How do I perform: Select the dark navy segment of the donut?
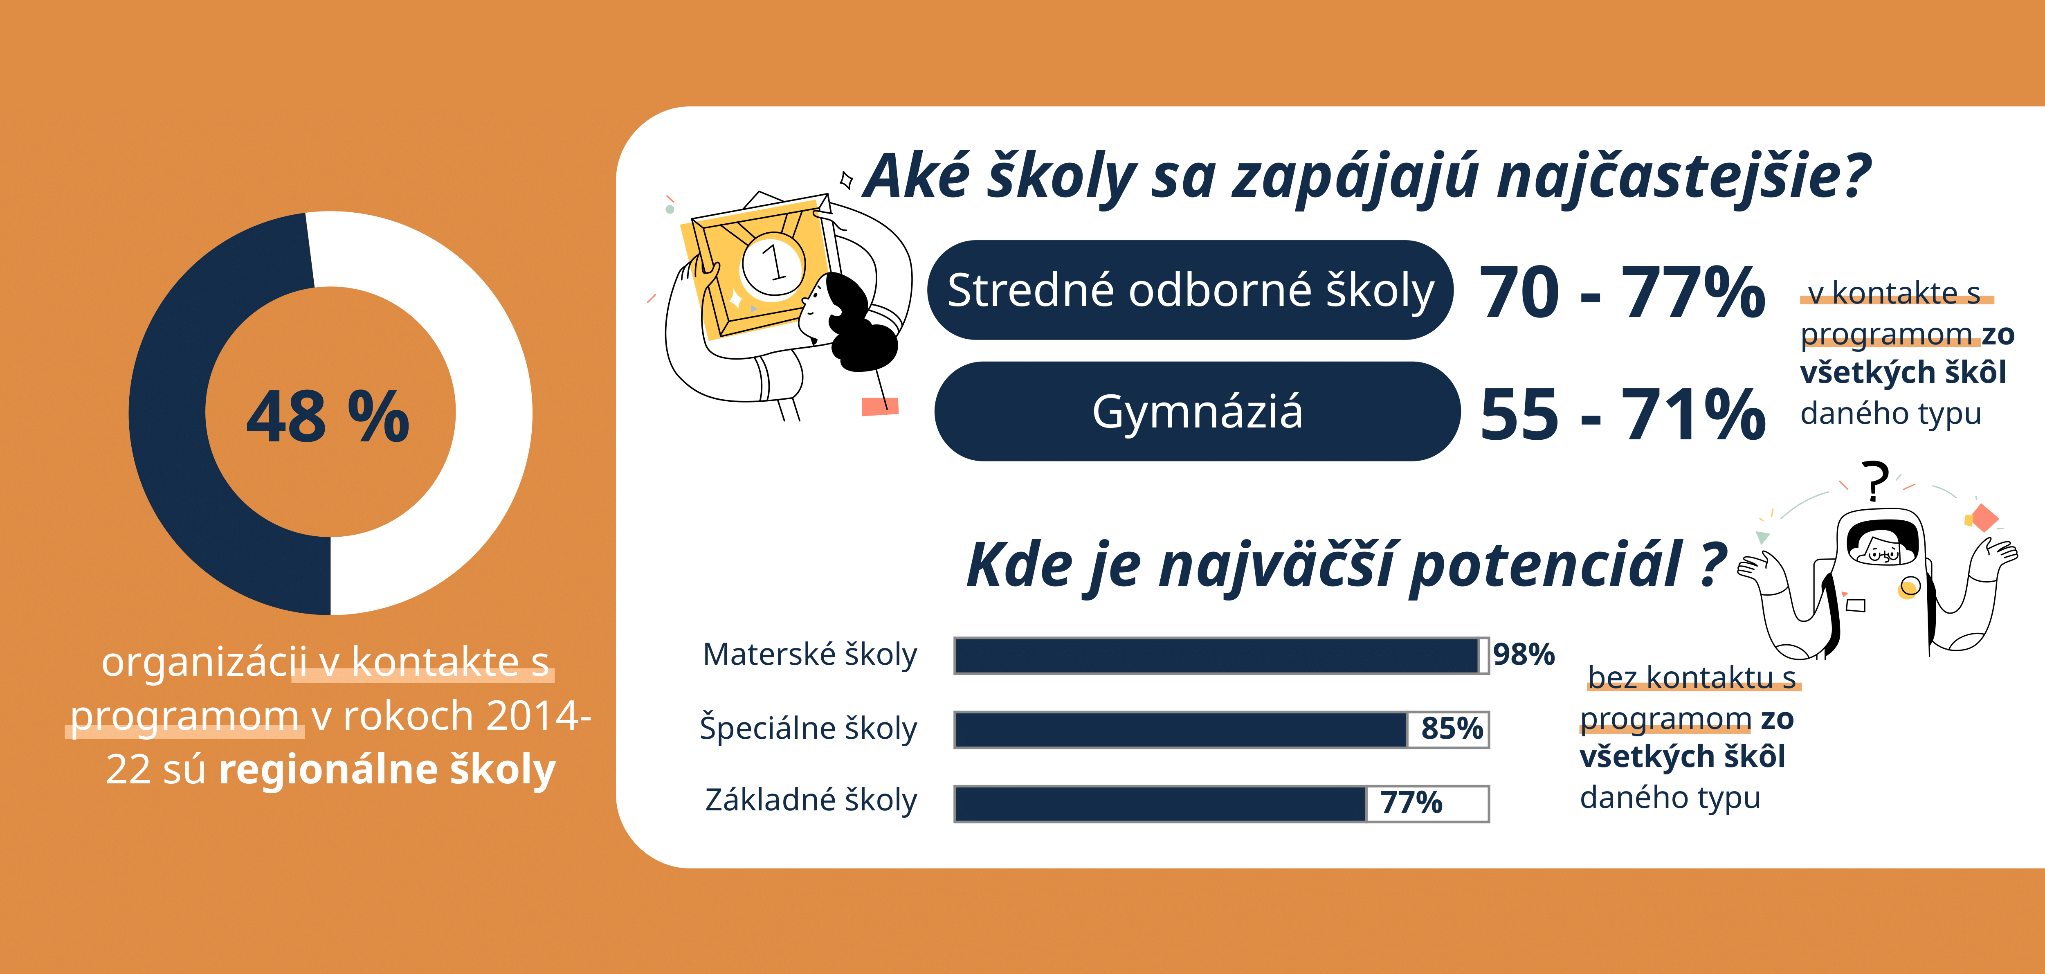coord(182,445)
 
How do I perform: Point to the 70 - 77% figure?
coord(1622,292)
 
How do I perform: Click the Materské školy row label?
coord(810,655)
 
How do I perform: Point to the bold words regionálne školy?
coord(387,770)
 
